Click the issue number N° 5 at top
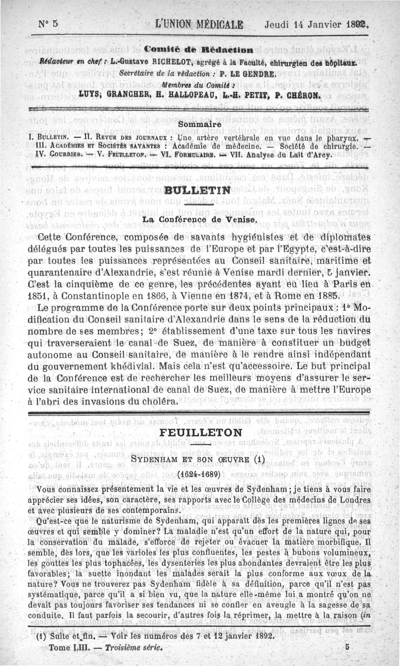point(48,24)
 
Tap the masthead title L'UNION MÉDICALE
point(199,24)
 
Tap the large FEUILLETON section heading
point(199,432)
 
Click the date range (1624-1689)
point(199,473)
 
